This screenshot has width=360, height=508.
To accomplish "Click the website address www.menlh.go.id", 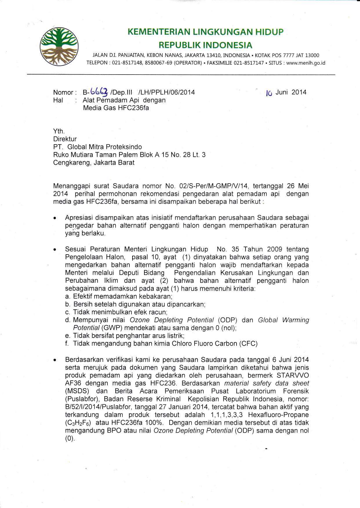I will pyautogui.click(x=306, y=63).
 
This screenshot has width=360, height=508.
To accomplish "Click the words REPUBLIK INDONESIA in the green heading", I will pyautogui.click(x=205, y=45).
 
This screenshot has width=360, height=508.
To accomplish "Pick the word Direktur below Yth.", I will pyautogui.click(x=65, y=139).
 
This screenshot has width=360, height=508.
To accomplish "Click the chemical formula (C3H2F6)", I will pyautogui.click(x=79, y=423).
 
